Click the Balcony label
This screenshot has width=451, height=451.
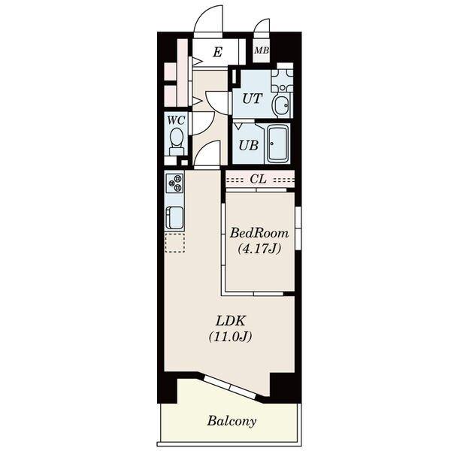tap(232, 421)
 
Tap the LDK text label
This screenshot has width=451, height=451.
tap(231, 321)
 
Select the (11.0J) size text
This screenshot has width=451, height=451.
tap(231, 337)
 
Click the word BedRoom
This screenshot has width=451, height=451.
tap(259, 233)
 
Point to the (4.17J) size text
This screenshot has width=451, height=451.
tap(259, 249)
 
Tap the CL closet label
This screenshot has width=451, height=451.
tap(258, 179)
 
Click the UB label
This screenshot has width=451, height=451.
tap(249, 146)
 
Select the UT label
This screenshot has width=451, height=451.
tap(253, 98)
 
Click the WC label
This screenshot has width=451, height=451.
tap(176, 120)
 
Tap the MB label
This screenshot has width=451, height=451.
tap(262, 50)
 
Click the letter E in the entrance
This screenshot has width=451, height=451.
tap(218, 53)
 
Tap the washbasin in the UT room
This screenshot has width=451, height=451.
tap(282, 104)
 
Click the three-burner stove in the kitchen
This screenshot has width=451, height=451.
tap(175, 183)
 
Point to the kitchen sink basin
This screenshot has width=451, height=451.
tap(174, 218)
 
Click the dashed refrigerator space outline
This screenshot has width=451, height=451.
tap(175, 243)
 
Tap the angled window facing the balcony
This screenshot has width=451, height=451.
tap(231, 386)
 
